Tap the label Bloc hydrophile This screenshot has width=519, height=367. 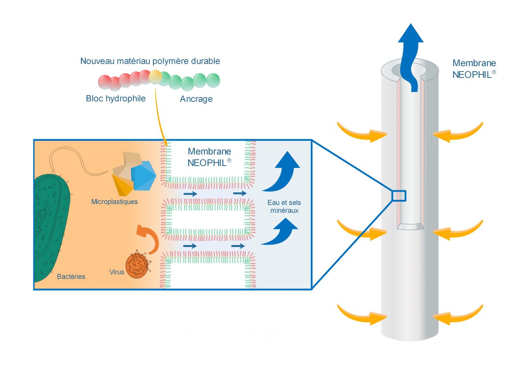tap(116, 98)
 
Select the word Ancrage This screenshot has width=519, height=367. tap(196, 99)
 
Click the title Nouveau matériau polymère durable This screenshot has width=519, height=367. tap(150, 61)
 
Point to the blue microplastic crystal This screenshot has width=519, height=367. tap(143, 176)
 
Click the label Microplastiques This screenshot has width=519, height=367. tap(114, 202)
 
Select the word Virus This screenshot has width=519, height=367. tap(116, 272)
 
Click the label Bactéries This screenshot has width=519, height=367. tap(71, 277)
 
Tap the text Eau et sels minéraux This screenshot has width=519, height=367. tap(284, 207)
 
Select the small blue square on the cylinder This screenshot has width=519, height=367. tap(399, 195)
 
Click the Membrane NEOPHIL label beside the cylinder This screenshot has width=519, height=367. tap(474, 69)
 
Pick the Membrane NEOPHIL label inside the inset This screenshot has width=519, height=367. tap(209, 157)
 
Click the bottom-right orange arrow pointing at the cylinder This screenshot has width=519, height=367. tap(458, 315)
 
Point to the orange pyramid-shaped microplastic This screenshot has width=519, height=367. tap(123, 185)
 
